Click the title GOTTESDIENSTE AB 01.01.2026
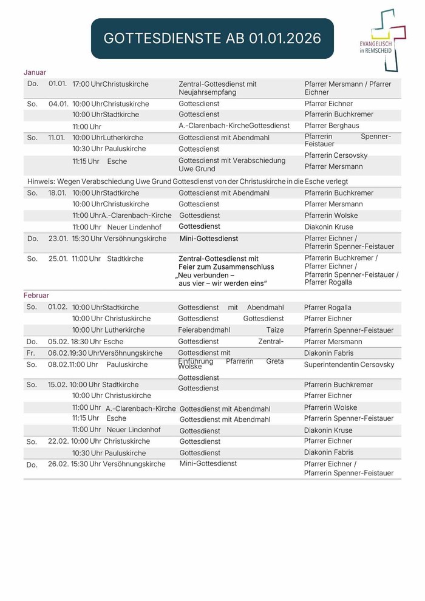(x=212, y=38)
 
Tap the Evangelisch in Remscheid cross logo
(x=385, y=34)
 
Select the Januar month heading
(x=35, y=72)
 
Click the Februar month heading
(x=36, y=295)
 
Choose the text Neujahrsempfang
(x=207, y=92)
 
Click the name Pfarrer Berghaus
(x=331, y=126)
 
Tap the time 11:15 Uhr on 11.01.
(x=86, y=161)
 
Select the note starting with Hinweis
(x=188, y=181)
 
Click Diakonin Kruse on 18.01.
(x=328, y=226)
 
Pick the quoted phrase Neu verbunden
(x=205, y=275)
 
